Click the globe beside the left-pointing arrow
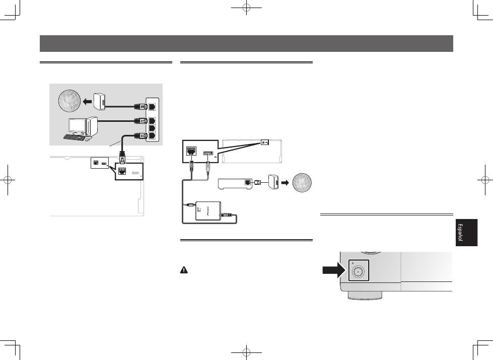69,101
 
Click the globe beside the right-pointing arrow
302,182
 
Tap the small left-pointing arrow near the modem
87,102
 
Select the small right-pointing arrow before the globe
285,182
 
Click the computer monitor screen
77,126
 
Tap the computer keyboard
74,137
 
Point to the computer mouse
88,139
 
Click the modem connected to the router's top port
99,102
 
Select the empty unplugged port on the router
152,128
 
